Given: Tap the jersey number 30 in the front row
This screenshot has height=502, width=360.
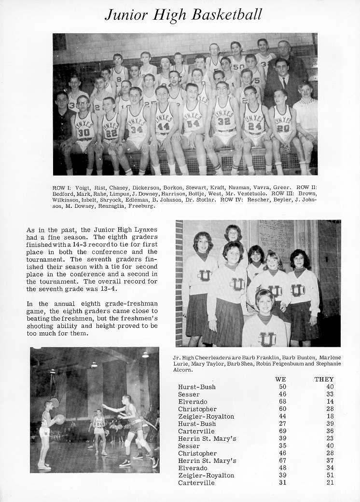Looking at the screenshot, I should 84,132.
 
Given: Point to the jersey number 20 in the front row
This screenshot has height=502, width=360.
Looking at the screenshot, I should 283,128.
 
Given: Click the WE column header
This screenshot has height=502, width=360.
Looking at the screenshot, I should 280,379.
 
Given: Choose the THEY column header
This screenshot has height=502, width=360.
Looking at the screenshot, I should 324,379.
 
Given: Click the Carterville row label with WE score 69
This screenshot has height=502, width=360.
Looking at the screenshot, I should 196,431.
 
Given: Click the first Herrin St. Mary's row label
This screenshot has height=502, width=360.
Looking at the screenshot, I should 207,438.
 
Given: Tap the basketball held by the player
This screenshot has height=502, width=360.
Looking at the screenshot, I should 60,419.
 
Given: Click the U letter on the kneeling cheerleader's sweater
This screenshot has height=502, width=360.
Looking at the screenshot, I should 266,339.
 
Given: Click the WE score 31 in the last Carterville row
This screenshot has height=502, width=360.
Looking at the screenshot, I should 282,483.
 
